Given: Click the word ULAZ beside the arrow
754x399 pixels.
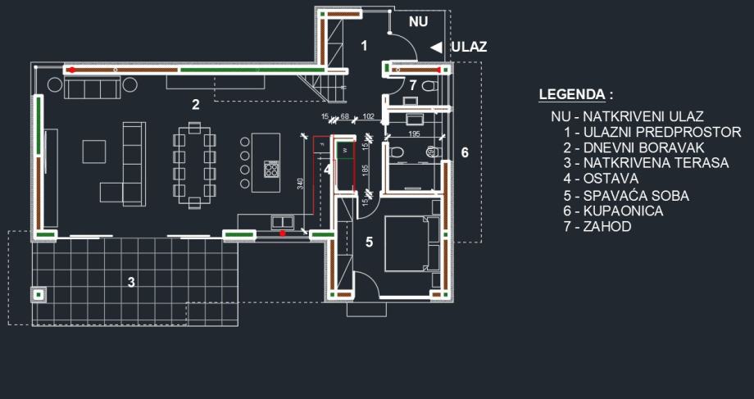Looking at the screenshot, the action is pyautogui.click(x=469, y=47).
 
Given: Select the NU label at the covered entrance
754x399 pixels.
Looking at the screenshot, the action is pyautogui.click(x=419, y=22).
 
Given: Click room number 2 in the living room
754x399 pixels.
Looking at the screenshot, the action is pyautogui.click(x=195, y=104).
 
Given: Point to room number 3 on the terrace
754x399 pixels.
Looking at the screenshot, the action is pyautogui.click(x=130, y=283).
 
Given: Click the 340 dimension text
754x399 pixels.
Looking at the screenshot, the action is pyautogui.click(x=301, y=182).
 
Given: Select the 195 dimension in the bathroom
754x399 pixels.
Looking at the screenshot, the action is pyautogui.click(x=414, y=133).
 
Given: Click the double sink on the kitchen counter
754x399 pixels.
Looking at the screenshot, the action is pyautogui.click(x=284, y=221).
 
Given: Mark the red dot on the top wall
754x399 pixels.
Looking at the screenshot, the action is pyautogui.click(x=72, y=70).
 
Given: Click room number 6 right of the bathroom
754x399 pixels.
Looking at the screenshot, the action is pyautogui.click(x=465, y=153).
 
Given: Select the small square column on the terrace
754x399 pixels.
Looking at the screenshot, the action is pyautogui.click(x=39, y=292).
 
